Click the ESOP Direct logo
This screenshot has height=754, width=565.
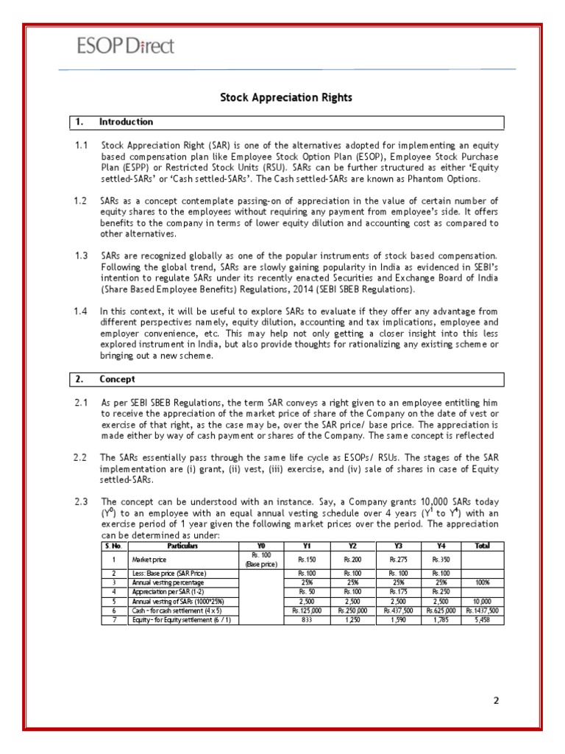click(x=127, y=46)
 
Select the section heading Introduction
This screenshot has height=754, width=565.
click(x=126, y=121)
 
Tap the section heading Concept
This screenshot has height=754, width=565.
click(x=117, y=380)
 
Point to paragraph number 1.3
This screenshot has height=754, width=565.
click(x=81, y=255)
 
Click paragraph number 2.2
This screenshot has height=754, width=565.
click(x=81, y=457)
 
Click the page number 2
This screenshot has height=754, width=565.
click(x=496, y=700)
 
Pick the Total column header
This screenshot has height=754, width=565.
click(x=482, y=546)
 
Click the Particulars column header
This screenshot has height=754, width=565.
click(x=184, y=546)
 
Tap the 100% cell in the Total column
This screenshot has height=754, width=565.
click(x=482, y=582)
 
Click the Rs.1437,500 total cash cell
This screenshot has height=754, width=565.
click(x=482, y=610)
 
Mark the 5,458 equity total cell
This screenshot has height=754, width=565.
click(x=482, y=620)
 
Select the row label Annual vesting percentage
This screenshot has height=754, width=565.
click(x=163, y=582)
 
